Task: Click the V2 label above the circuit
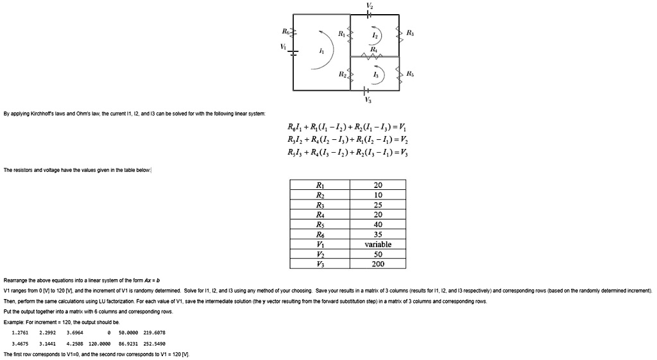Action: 368,4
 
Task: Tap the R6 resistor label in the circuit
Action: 286,30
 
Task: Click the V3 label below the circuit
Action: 368,100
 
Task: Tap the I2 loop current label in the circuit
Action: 374,35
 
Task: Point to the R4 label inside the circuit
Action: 373,49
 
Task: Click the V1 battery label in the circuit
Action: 283,47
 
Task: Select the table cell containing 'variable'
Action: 377,244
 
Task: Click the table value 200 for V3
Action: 377,264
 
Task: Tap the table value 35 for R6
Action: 377,235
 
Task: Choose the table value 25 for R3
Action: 377,205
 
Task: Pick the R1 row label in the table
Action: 320,185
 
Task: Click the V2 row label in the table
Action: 320,254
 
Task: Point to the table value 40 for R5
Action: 377,225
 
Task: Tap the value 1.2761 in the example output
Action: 21,332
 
